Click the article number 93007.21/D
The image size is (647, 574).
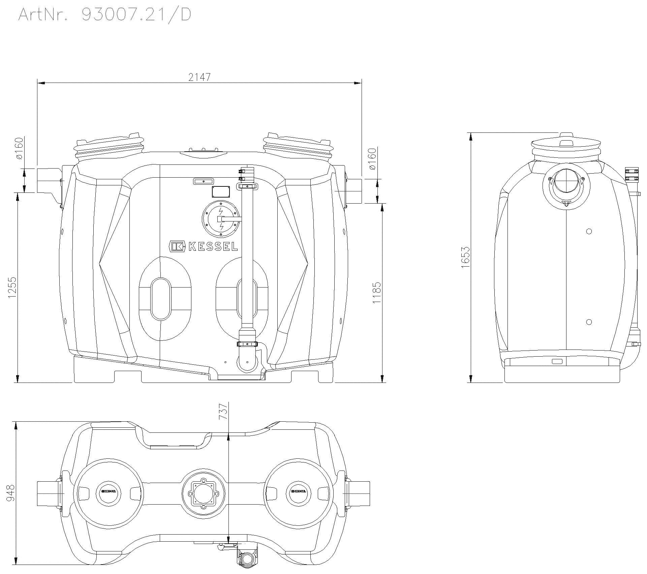click(x=136, y=15)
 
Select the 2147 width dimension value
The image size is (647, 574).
click(x=199, y=77)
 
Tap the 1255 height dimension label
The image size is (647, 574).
click(x=12, y=288)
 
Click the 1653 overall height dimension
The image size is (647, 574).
click(x=465, y=257)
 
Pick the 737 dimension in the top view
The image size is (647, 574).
click(x=223, y=411)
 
